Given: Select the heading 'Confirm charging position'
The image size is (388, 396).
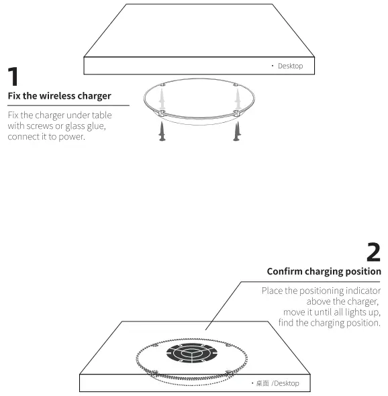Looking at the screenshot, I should click(324, 271).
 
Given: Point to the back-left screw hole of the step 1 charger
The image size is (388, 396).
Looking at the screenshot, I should click(164, 85).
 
